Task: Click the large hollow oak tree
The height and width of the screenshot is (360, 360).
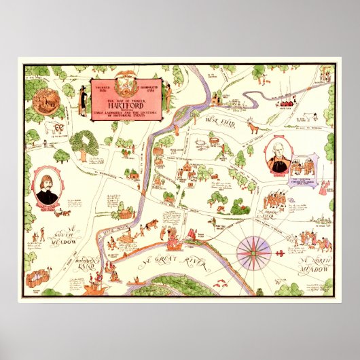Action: coord(84,145)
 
